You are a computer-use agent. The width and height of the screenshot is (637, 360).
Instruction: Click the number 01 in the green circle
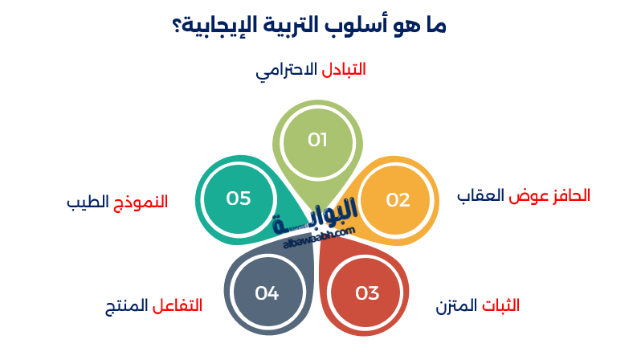318,140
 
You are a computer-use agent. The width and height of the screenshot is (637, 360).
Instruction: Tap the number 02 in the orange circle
398,200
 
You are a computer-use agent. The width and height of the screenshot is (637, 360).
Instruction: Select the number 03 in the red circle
367,293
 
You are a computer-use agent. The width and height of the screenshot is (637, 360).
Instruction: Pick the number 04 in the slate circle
267,293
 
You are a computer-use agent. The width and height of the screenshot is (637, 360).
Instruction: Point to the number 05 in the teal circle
239,198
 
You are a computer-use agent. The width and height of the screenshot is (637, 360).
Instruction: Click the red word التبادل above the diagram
344,70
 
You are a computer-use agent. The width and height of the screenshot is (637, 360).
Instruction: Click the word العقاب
480,195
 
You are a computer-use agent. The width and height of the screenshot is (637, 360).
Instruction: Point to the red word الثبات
500,306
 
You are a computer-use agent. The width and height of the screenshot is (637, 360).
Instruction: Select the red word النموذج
138,201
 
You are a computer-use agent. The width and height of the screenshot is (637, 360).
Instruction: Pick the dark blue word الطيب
87,201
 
